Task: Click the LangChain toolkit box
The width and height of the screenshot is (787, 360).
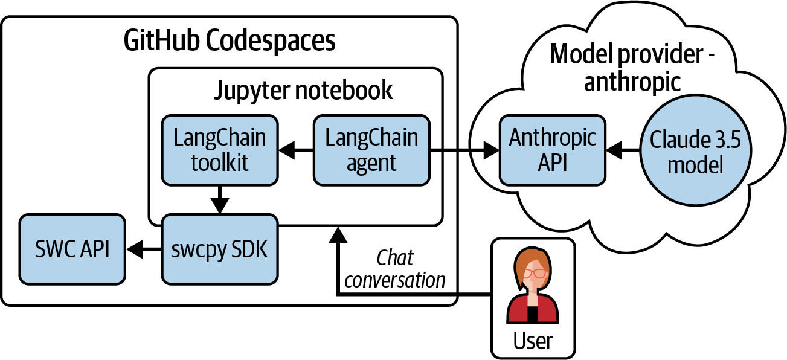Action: tap(220, 150)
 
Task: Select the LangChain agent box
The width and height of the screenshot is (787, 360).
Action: tap(371, 150)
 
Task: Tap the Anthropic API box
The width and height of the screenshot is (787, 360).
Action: tap(553, 150)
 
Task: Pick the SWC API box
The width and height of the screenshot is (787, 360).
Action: tap(72, 248)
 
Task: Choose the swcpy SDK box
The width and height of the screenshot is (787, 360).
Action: tap(219, 248)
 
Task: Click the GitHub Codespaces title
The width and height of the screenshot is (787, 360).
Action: tap(230, 42)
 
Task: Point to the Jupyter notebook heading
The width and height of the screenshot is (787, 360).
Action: tap(303, 90)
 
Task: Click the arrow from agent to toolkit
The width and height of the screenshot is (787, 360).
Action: tap(296, 150)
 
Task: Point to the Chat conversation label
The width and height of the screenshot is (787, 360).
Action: tap(395, 269)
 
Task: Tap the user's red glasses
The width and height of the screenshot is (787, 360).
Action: tap(533, 273)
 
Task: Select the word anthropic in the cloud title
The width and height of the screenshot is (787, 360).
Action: tap(632, 82)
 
